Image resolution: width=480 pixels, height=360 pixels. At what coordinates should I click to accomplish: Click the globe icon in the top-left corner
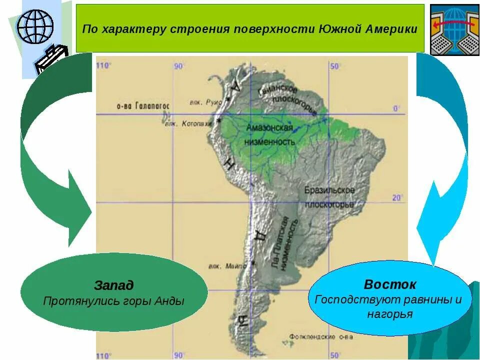coord(35,26)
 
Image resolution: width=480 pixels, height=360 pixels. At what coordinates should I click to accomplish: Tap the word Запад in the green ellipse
coord(114,285)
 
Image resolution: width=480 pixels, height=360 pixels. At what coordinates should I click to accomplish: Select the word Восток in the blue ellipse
coord(389,285)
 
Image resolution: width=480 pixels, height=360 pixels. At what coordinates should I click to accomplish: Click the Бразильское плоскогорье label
coord(329,197)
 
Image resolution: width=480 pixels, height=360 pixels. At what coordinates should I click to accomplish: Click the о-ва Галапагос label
coord(143,106)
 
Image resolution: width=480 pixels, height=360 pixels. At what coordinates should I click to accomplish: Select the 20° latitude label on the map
coord(397,197)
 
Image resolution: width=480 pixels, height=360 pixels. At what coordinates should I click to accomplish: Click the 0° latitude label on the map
coord(397,108)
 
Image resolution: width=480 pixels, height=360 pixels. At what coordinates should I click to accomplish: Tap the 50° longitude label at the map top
coord(334,66)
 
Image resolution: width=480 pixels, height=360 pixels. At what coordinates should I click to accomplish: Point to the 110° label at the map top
coord(104,65)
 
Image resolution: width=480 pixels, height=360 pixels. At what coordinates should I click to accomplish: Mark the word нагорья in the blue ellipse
coord(389,314)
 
